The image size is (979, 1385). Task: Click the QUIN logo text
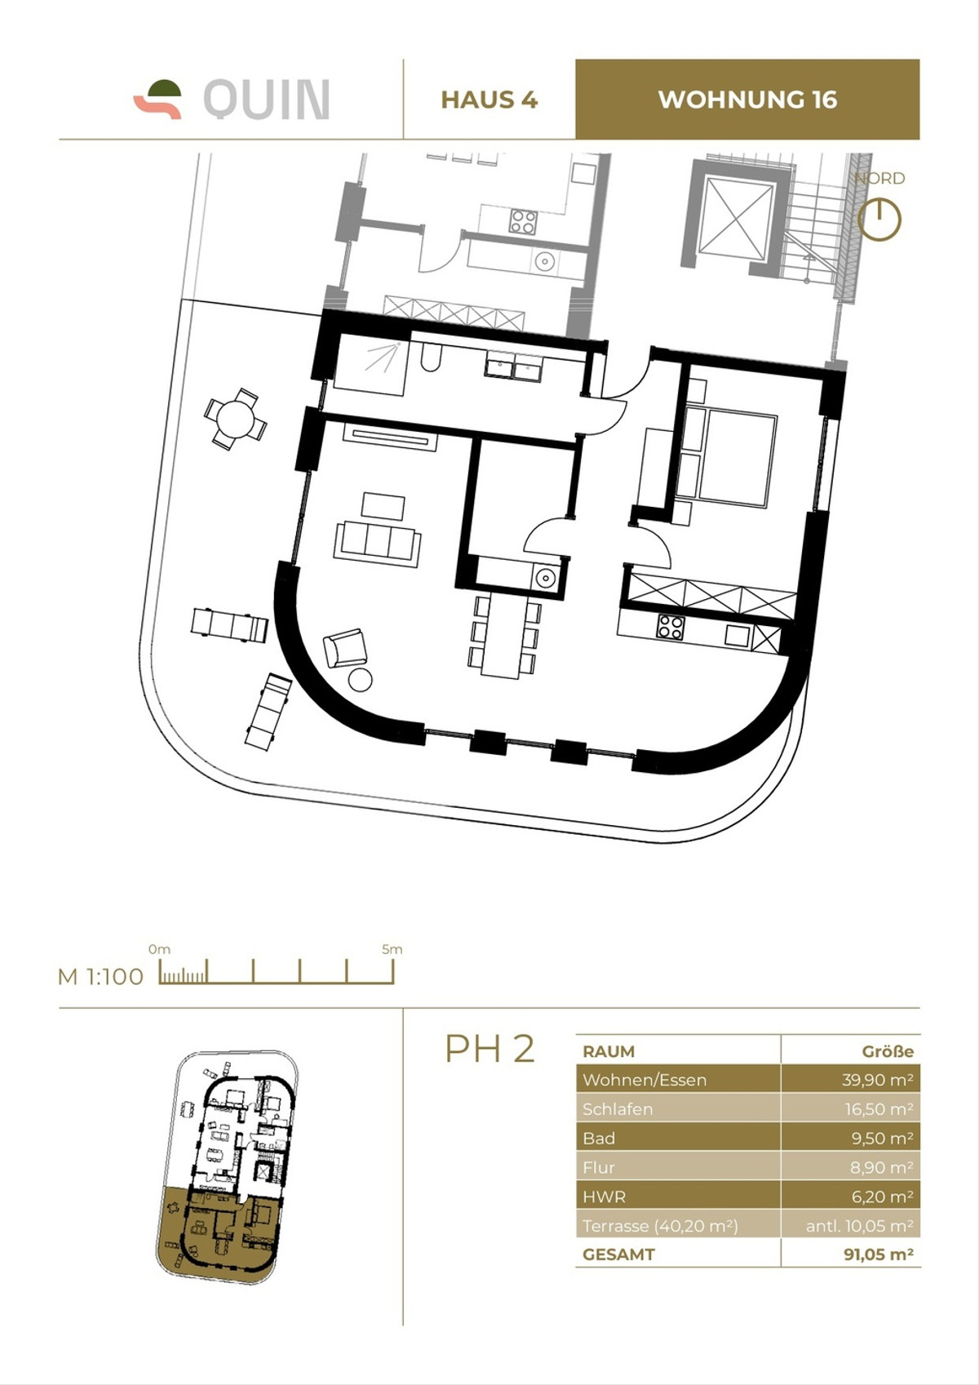coord(266,100)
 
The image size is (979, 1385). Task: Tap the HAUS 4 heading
coord(489,100)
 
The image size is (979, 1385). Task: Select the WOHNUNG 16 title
coord(747,100)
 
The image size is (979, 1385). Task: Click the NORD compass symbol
coord(879,220)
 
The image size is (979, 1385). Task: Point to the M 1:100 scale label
coord(100,976)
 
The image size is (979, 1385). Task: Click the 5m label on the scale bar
coord(392,949)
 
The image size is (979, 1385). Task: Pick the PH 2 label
coord(489,1048)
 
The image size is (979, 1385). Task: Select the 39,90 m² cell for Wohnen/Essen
coord(877,1080)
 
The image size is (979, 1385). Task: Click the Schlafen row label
coord(618,1109)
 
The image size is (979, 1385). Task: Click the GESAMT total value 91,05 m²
coord(878,1254)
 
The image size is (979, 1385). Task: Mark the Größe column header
coord(888,1051)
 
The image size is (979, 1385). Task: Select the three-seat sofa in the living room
coord(377,541)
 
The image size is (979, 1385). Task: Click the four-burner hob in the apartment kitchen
coord(671,627)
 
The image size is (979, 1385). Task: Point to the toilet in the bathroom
coord(430,358)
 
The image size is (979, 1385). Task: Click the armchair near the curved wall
coord(345,648)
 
